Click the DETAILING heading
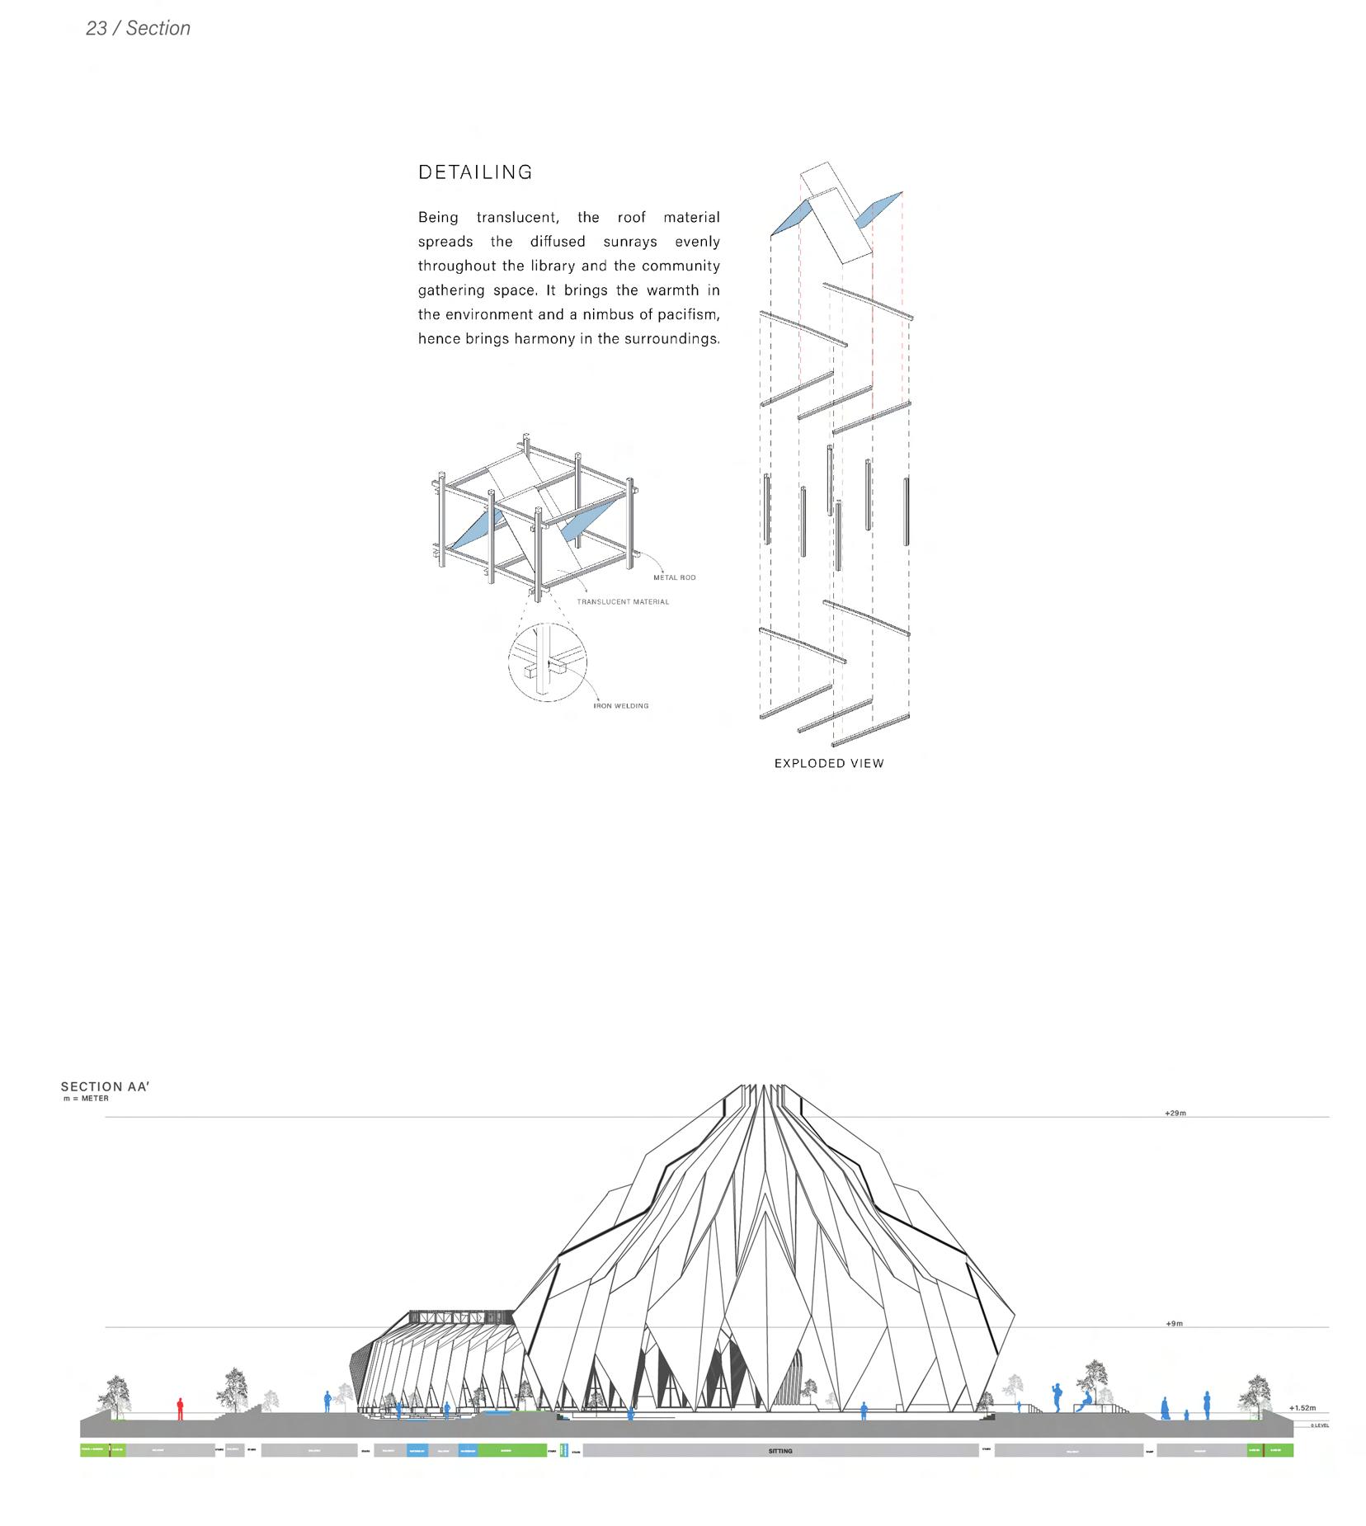point(475,172)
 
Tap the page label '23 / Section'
point(138,29)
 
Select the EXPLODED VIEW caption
point(828,764)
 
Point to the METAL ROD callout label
point(674,577)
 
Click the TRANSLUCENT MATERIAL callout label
point(623,602)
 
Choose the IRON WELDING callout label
point(620,706)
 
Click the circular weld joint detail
point(547,662)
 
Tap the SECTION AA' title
point(105,1087)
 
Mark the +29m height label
point(1175,1113)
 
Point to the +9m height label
point(1174,1324)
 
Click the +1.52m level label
point(1302,1408)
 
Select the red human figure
point(180,1409)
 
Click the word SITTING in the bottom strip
point(780,1451)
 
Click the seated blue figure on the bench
point(1087,1400)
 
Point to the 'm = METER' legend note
point(86,1099)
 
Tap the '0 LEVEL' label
point(1319,1425)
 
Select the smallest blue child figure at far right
point(1186,1415)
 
